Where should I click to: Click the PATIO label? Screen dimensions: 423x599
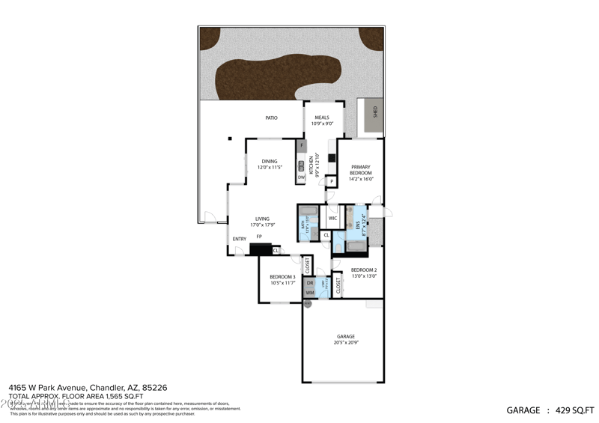pyautogui.click(x=272, y=118)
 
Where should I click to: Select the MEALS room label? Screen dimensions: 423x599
pyautogui.click(x=321, y=118)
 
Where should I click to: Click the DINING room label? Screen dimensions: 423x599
pyautogui.click(x=270, y=161)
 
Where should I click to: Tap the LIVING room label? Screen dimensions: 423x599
pyautogui.click(x=262, y=219)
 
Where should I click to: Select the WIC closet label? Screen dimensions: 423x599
pyautogui.click(x=333, y=219)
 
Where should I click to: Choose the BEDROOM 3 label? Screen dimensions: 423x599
pyautogui.click(x=282, y=278)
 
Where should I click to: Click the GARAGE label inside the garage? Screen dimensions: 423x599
pyautogui.click(x=345, y=338)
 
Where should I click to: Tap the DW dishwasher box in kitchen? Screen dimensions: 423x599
pyautogui.click(x=301, y=177)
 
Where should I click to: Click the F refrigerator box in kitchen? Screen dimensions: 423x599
pyautogui.click(x=302, y=144)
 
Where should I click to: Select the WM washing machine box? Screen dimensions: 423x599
pyautogui.click(x=309, y=293)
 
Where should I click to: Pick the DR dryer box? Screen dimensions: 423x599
pyautogui.click(x=309, y=283)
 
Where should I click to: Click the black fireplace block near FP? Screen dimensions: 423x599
pyautogui.click(x=264, y=250)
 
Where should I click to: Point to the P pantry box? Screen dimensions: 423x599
pyautogui.click(x=330, y=181)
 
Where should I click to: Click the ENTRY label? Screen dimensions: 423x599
pyautogui.click(x=240, y=239)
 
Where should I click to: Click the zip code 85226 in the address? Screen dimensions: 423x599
pyautogui.click(x=155, y=387)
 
